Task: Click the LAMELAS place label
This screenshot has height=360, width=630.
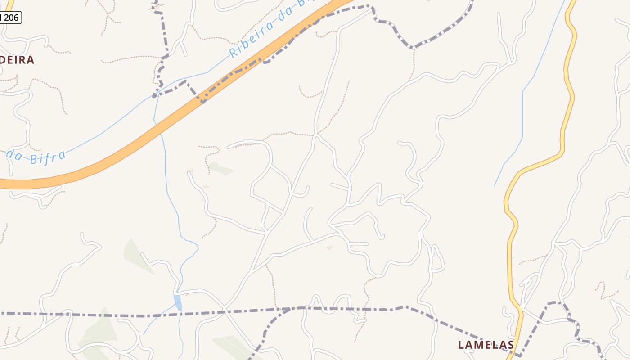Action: point(486,345)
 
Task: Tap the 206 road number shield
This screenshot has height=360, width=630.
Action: point(10,18)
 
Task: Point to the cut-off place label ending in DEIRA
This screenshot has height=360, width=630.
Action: point(17,60)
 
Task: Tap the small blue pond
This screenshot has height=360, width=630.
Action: point(178,302)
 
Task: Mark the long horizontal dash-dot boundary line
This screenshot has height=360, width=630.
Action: point(135,315)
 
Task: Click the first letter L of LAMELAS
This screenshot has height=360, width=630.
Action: point(461,345)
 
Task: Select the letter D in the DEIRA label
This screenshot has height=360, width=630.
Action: point(4,60)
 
